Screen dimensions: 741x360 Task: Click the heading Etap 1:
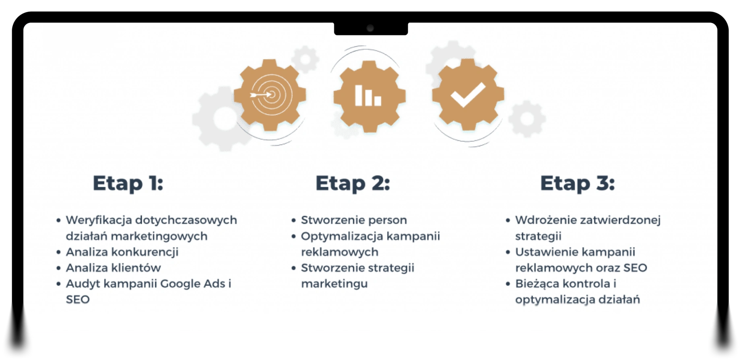coord(128,183)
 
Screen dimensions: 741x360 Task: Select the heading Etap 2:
coord(353,183)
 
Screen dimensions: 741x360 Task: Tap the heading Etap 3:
coord(578,183)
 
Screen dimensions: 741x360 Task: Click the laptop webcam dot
coord(370,28)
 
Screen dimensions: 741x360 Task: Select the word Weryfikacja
coord(99,220)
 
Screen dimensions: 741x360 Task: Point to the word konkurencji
coord(145,252)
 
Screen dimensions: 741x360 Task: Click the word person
coord(387,220)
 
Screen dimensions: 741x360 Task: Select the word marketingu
coord(334,284)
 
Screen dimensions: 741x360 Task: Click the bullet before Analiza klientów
coord(58,268)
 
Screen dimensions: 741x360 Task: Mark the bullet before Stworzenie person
coord(293,220)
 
